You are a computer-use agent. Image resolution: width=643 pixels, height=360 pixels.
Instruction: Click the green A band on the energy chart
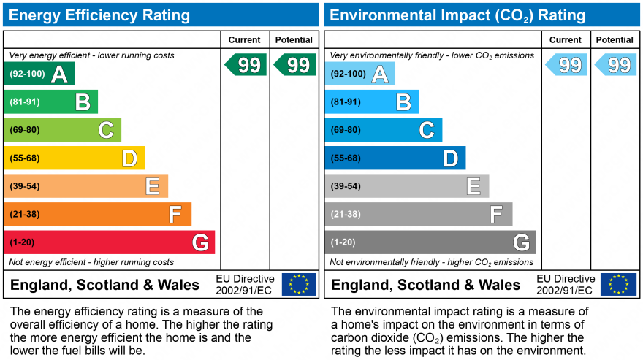coord(39,74)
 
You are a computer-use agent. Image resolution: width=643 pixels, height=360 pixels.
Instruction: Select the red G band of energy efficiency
coord(109,242)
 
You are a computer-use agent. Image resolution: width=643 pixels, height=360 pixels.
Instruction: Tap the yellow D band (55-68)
coord(75,158)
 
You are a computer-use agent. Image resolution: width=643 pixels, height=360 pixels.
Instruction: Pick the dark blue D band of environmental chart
coord(395,158)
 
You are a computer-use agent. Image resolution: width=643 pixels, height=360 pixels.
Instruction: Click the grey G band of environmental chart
coord(430,242)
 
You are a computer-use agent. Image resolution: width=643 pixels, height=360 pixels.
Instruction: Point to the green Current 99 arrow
coord(246,65)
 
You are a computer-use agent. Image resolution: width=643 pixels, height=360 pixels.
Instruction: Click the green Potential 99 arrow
coord(295,65)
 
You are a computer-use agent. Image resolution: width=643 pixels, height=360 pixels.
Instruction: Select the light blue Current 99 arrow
coord(566,65)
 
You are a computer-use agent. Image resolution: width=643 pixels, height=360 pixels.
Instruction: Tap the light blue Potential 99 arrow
coord(615,65)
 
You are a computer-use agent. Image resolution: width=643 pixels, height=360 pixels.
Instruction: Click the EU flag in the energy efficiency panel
coord(299,284)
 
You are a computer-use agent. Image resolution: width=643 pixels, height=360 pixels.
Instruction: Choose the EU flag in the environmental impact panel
coord(618,284)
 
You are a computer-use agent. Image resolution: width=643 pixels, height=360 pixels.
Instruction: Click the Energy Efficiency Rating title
coord(99,15)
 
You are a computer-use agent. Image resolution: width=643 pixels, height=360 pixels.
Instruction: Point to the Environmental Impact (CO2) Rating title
coord(457,15)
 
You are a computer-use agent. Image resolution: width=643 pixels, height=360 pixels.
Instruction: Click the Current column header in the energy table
coord(244,39)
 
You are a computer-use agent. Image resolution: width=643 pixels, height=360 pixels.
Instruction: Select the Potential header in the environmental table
coord(615,39)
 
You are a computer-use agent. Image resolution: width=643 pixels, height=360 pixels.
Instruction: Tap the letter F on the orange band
coord(175,214)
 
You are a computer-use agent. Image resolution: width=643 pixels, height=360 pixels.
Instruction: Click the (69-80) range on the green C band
coord(25,130)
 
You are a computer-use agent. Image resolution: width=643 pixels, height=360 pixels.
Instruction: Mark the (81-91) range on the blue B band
coord(346,102)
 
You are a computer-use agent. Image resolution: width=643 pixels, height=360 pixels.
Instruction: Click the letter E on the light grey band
coord(473,186)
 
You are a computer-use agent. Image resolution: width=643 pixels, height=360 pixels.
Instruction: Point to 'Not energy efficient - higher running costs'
coord(91,262)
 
